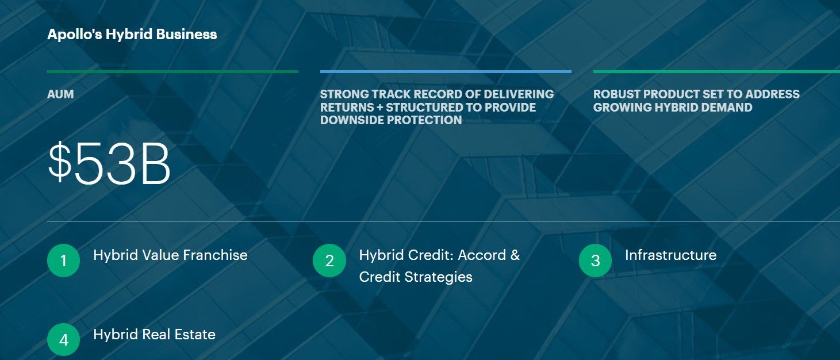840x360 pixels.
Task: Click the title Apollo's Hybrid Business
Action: tap(132, 34)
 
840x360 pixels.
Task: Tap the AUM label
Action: tap(60, 94)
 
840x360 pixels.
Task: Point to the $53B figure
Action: tap(109, 163)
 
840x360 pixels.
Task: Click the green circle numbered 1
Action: tap(63, 261)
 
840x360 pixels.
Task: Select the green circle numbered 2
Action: tap(329, 261)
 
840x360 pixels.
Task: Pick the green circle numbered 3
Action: tap(595, 261)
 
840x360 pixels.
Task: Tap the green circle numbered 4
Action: tap(63, 340)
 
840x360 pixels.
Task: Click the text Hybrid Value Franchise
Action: tap(170, 255)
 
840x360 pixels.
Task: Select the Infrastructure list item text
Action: tap(670, 255)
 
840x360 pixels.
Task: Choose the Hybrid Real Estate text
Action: tap(154, 335)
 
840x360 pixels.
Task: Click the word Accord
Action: tap(482, 255)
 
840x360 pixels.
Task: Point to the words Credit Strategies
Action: tap(416, 277)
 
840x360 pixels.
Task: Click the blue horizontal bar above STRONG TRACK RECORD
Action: tap(446, 71)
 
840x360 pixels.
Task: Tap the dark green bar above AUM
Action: tap(172, 71)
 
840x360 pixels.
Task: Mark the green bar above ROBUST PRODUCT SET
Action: tap(716, 71)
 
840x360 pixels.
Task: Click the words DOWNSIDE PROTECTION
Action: tap(391, 120)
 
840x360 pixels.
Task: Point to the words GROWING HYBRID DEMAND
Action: tap(673, 107)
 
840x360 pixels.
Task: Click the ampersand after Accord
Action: tap(515, 255)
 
